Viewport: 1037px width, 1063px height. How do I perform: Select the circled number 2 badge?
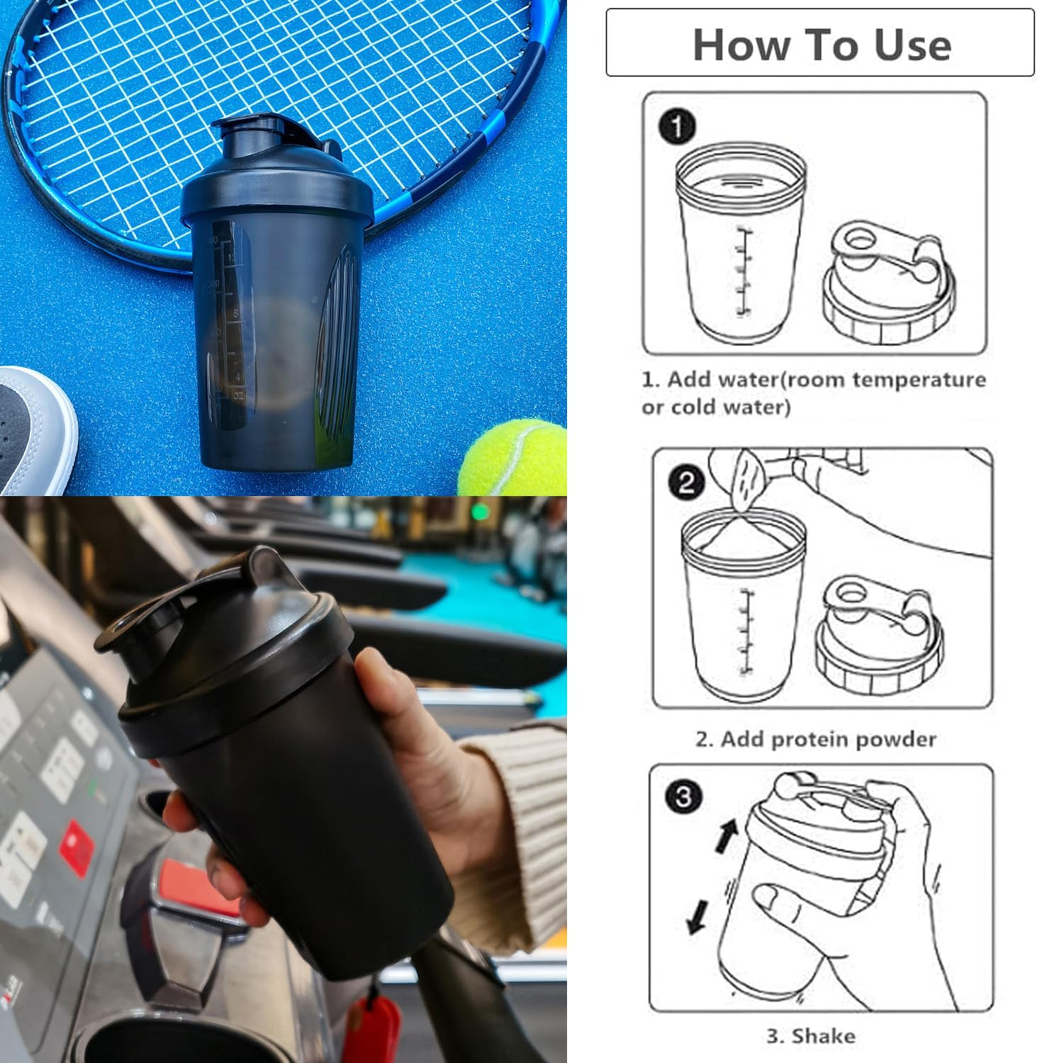[685, 483]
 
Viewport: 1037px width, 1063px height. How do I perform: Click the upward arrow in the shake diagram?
[727, 835]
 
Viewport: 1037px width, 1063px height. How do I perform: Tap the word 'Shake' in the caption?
[823, 1036]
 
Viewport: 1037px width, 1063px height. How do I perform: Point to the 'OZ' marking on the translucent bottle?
[237, 397]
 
